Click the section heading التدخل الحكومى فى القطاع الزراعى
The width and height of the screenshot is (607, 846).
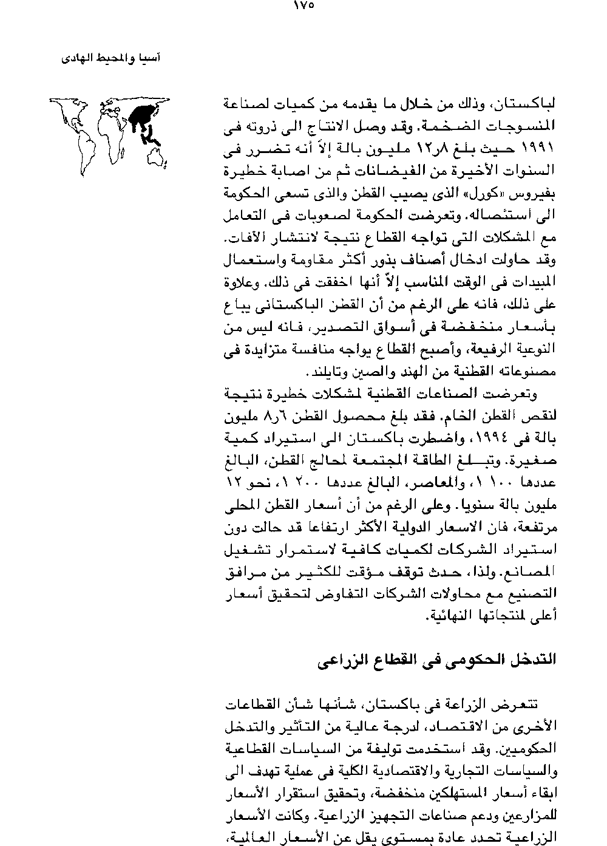coord(436,660)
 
